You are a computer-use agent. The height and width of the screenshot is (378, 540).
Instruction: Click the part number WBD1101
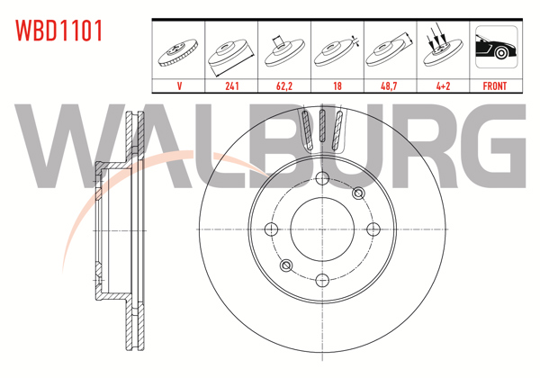point(58,31)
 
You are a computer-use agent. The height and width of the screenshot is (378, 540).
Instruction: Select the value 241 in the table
point(231,86)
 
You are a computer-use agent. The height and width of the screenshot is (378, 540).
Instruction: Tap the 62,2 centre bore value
point(283,86)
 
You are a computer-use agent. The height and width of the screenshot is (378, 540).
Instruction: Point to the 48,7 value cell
point(389,86)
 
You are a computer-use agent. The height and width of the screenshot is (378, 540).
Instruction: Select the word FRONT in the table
point(495,86)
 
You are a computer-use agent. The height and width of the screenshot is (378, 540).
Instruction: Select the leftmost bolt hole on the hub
point(270,229)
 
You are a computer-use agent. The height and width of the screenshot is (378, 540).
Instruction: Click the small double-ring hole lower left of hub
point(285,265)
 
